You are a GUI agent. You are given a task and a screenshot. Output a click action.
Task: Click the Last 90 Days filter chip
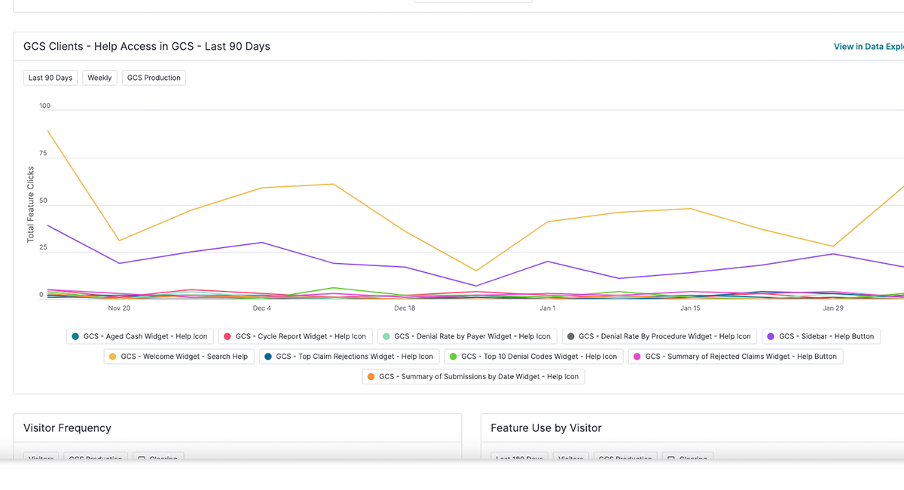coord(50,78)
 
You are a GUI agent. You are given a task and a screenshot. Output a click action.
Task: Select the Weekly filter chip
coord(99,78)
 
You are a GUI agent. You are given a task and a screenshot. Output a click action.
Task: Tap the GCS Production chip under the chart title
coord(154,78)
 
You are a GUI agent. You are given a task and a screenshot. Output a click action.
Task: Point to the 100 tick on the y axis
coord(45,106)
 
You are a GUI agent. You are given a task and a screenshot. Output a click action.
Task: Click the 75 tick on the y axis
coord(44,154)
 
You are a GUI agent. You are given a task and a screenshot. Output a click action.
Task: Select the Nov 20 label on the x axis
coord(119,308)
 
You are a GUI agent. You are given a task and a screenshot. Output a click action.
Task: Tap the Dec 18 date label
coord(405,308)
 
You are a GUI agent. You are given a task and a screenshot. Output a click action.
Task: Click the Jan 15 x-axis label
coord(690,308)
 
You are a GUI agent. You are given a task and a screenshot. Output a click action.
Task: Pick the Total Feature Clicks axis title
coord(31,204)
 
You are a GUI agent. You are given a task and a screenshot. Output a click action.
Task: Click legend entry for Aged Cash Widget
coord(139,336)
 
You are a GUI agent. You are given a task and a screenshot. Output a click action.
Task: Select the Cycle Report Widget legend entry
coord(295,336)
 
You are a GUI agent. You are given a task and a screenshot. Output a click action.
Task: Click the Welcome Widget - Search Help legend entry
coord(179,357)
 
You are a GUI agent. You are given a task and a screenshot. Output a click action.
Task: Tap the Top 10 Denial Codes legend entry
coord(533,357)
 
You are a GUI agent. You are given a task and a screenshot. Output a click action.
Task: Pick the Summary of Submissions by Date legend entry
coord(473,376)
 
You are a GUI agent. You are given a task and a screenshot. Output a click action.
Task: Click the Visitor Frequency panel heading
coord(67,428)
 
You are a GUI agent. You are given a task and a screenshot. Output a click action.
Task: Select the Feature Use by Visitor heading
coord(545,428)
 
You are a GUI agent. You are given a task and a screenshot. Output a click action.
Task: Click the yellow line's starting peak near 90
coord(48,131)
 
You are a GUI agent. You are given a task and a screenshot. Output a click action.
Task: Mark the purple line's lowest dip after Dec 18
coord(476,286)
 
